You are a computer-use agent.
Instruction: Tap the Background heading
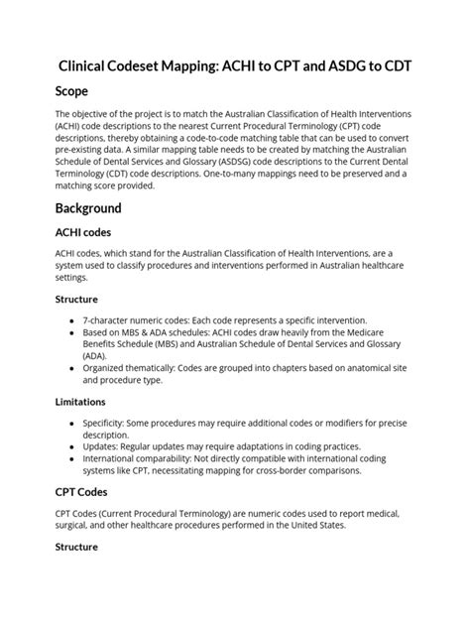click(x=88, y=208)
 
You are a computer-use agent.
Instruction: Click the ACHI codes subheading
click(x=85, y=231)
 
